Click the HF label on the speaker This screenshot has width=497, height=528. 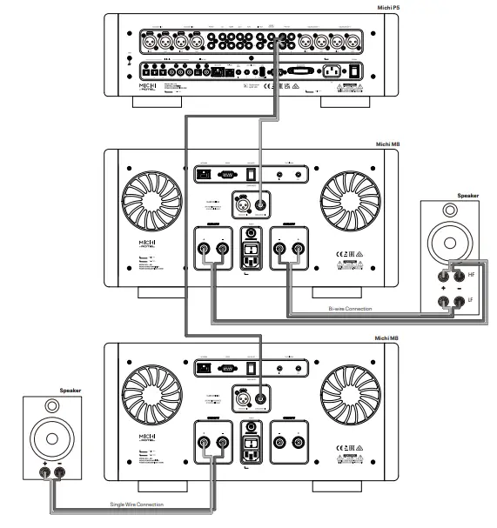pyautogui.click(x=471, y=274)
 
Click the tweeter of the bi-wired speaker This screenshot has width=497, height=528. pyautogui.click(x=449, y=211)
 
